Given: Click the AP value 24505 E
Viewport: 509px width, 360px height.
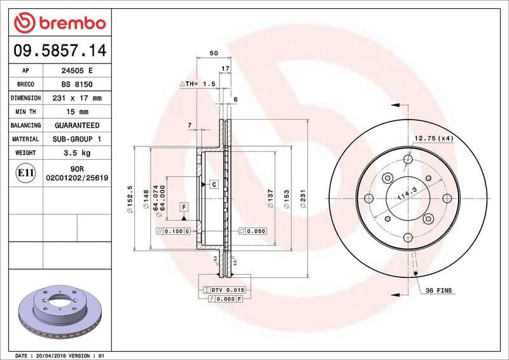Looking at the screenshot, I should coord(77,71).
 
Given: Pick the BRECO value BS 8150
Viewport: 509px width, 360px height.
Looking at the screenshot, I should coord(77,85).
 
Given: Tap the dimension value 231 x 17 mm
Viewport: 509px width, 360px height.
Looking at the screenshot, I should coord(77,98).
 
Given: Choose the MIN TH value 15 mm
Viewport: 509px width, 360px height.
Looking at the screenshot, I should coord(77,112).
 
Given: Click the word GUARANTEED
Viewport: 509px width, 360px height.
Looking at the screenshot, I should coord(77,125).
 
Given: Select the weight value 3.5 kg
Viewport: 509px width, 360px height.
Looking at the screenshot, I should coord(77,153).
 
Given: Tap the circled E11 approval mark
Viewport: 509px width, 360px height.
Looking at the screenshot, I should coord(25,173).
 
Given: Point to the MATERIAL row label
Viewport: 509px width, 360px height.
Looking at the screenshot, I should coord(25,139).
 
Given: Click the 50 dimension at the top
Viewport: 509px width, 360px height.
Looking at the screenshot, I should coord(214,53).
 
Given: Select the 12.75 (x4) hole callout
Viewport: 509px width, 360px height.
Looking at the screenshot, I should coord(434,138).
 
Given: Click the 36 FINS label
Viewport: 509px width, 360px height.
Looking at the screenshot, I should coord(438,290).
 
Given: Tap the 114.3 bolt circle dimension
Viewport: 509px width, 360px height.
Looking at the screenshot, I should coord(402,193).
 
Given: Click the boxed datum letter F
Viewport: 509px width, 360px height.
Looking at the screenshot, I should coord(184,207).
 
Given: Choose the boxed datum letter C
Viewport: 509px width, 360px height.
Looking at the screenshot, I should coord(214,184).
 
